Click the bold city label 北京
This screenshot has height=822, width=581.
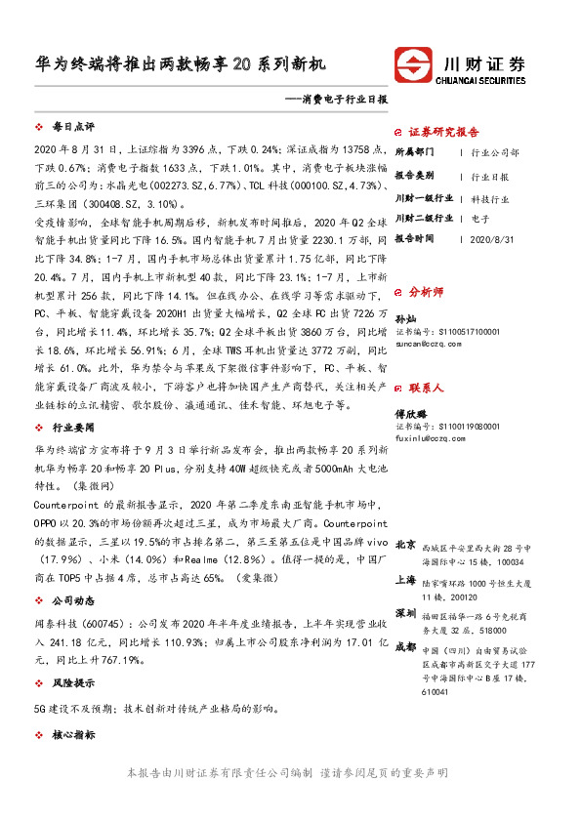(x=406, y=544)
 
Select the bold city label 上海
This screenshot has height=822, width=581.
(x=406, y=579)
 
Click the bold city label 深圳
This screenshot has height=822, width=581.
(x=406, y=613)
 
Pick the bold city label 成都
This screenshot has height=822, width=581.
(x=406, y=647)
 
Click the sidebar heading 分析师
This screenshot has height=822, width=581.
(x=426, y=291)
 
